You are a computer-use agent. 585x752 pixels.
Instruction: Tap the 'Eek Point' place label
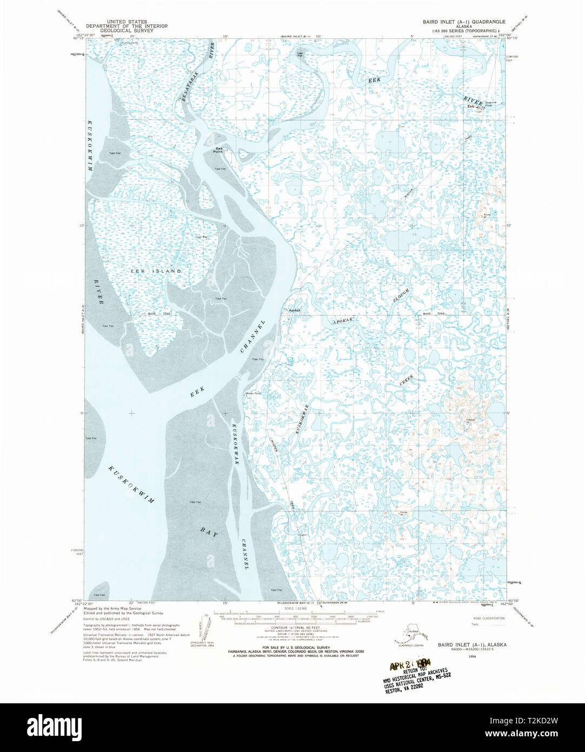[219, 150]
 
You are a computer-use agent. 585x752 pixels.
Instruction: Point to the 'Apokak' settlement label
[295, 310]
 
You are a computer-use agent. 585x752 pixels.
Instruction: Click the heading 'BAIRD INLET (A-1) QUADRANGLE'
[464, 22]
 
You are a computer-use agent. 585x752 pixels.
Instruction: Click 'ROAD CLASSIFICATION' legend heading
[489, 618]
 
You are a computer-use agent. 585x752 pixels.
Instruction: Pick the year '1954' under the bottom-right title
[472, 656]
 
